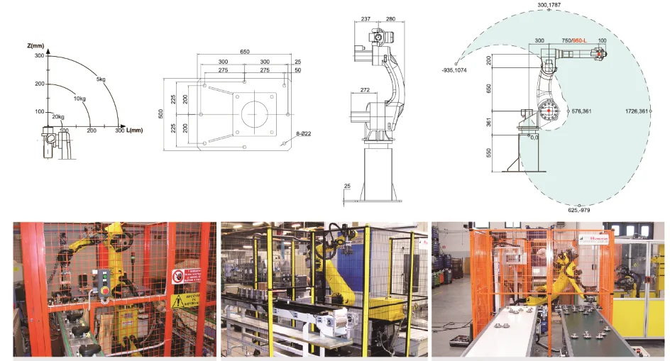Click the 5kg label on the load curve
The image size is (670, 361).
click(101, 78)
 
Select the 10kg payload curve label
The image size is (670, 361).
click(79, 99)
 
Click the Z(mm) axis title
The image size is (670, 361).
click(35, 47)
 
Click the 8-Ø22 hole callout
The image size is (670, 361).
click(304, 133)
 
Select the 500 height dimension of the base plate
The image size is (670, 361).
click(160, 113)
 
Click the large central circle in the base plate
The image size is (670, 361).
click(253, 113)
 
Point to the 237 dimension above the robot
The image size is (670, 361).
click(366, 20)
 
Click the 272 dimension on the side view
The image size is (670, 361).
click(364, 91)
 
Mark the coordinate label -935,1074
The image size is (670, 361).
click(453, 71)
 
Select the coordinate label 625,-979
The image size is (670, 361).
click(580, 211)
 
